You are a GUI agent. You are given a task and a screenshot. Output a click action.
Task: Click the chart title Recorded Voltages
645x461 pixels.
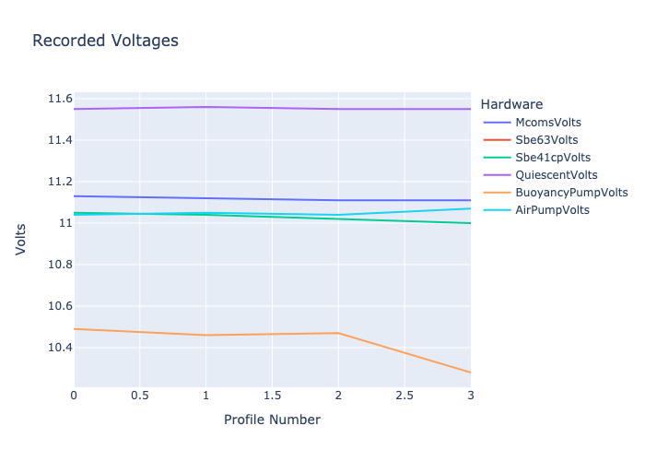105,41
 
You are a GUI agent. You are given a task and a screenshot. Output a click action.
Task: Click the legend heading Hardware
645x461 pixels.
511,104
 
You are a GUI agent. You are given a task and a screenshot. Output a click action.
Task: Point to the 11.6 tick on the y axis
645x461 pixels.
60,99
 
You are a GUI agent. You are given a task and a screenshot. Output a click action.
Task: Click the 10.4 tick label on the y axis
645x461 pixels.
60,348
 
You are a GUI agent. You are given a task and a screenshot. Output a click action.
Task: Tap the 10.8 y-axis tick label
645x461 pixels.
60,265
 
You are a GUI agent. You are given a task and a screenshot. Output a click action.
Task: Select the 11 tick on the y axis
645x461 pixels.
65,223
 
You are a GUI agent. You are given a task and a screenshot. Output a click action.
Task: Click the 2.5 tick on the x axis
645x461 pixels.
405,396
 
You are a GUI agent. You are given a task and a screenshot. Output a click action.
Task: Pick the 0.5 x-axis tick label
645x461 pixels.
139,396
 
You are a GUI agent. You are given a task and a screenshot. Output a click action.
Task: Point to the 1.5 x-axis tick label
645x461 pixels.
272,396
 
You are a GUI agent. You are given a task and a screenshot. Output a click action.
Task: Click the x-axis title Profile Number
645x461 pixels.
272,420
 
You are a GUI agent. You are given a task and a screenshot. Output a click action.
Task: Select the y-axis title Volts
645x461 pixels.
20,239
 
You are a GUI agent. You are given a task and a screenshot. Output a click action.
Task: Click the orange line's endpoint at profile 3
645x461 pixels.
470,372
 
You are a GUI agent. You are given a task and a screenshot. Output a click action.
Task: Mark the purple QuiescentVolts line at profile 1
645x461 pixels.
205,107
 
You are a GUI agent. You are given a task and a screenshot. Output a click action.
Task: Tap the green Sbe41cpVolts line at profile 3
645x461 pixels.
470,223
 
